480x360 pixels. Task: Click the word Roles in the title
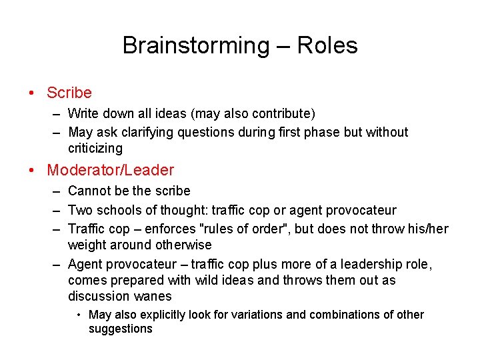(327, 45)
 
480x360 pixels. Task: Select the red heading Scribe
(69, 93)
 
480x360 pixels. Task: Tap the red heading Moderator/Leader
(110, 170)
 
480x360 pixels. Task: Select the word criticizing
(95, 148)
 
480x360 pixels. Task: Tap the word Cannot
(89, 191)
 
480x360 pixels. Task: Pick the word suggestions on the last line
(120, 329)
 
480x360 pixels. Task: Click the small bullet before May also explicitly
(79, 315)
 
